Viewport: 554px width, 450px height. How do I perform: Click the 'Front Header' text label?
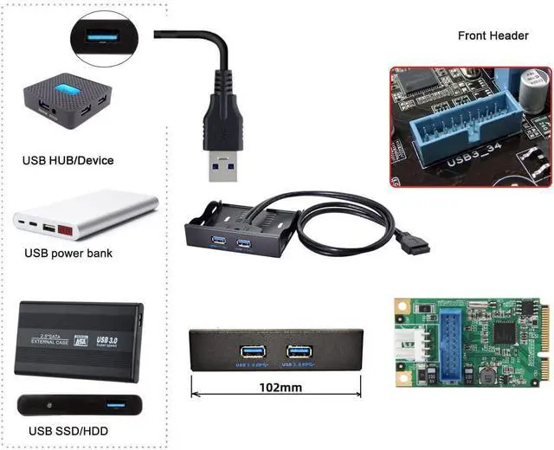point(493,35)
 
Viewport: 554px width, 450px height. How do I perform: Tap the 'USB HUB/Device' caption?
point(68,160)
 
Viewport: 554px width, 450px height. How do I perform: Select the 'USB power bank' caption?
point(68,254)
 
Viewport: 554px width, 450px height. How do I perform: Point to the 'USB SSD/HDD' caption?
point(66,430)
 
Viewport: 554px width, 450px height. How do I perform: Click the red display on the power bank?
point(72,232)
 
